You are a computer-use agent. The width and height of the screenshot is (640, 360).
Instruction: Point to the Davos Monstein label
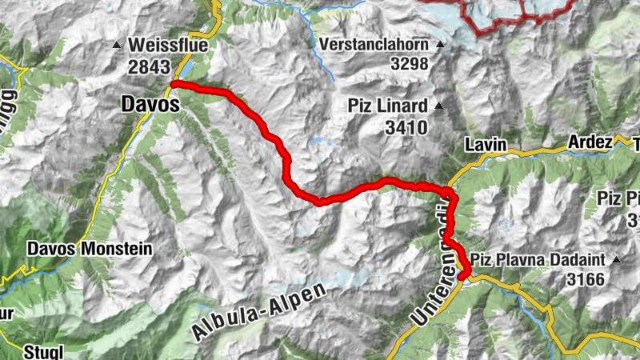tap(89, 248)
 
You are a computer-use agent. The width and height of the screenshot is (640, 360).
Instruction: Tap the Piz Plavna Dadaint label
tap(541, 259)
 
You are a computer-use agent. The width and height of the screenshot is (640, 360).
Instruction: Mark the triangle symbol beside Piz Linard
tap(438, 105)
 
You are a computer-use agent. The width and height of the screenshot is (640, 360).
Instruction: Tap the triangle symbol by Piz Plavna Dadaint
tap(616, 259)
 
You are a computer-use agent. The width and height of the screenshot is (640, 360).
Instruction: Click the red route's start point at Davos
tap(175, 83)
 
